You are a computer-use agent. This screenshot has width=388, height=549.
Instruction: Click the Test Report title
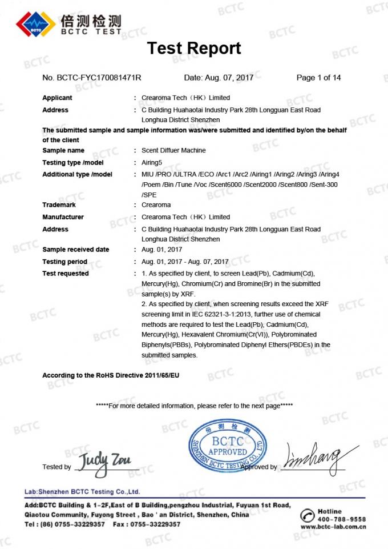194,48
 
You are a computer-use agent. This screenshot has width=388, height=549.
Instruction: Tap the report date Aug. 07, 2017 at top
219,78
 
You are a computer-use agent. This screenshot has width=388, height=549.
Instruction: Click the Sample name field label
63,150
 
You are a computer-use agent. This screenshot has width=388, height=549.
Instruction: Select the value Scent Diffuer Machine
173,150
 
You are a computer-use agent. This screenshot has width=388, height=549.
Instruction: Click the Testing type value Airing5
152,162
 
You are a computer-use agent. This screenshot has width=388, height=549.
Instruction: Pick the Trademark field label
59,205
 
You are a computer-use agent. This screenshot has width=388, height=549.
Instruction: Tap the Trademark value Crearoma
156,205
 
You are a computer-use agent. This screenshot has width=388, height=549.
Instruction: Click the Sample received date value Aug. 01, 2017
161,250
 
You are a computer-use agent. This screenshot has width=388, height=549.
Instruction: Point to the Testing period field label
65,262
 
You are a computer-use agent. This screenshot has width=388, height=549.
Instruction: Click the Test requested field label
66,274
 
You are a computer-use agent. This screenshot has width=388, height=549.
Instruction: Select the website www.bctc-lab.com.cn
333,527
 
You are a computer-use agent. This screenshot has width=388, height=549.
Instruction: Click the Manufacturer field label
63,217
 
